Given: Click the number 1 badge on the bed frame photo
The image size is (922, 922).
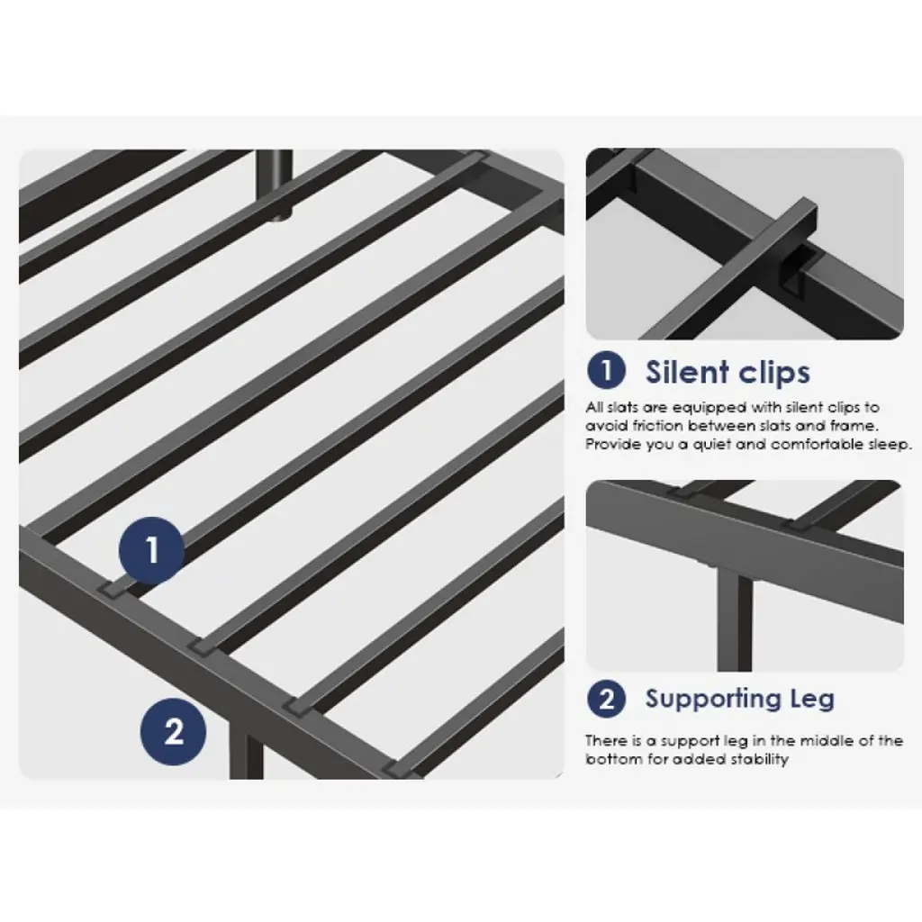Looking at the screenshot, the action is (x=152, y=550).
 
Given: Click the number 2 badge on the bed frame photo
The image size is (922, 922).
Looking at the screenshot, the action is (x=174, y=731).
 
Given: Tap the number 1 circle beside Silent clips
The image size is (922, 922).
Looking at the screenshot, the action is (x=606, y=370).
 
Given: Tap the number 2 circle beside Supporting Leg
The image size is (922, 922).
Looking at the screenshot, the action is (x=606, y=699).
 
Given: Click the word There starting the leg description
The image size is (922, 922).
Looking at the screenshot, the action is (x=604, y=740).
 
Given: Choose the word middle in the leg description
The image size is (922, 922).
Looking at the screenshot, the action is (x=825, y=740).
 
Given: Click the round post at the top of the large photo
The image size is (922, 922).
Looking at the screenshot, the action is (x=277, y=184).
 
